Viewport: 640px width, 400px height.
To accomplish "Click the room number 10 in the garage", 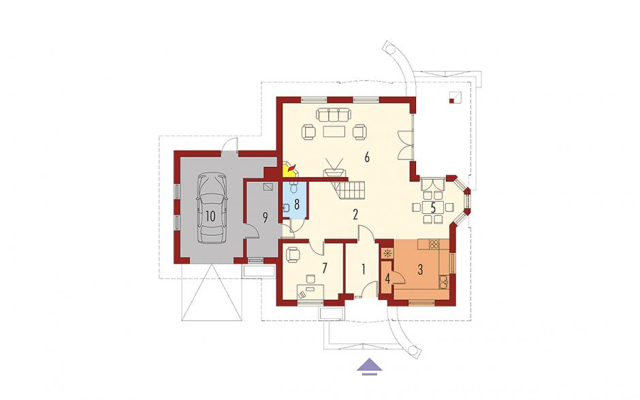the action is pos(210,216).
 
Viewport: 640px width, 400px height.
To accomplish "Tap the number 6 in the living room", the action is pos(367,157).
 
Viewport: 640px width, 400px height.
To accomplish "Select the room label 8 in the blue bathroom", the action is pos(297,204).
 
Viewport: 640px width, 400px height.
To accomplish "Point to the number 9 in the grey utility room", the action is pos(265,218).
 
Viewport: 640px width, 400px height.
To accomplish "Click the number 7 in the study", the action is pos(325,268).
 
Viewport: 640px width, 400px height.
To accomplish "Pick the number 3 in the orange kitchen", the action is pos(420,269).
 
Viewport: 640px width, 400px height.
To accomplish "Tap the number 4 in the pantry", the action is pos(387,279).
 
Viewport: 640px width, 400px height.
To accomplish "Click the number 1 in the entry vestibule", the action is pos(363,269).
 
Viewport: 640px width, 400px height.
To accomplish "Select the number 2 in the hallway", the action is pos(355,214).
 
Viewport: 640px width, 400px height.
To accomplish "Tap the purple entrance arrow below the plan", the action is pos(370,365).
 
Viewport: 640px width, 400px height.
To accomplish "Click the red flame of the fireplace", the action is pos(291,167).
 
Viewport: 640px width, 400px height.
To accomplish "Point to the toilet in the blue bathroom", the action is pos(293,187).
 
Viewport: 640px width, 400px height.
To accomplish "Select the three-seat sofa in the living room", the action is pos(334,114).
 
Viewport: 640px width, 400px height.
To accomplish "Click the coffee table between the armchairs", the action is pos(334,132).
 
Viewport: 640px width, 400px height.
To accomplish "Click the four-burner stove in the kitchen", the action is pos(434,245).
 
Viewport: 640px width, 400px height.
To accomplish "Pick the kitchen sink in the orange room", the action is pos(443,281).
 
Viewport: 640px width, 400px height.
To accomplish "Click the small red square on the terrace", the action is pos(451,100).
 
